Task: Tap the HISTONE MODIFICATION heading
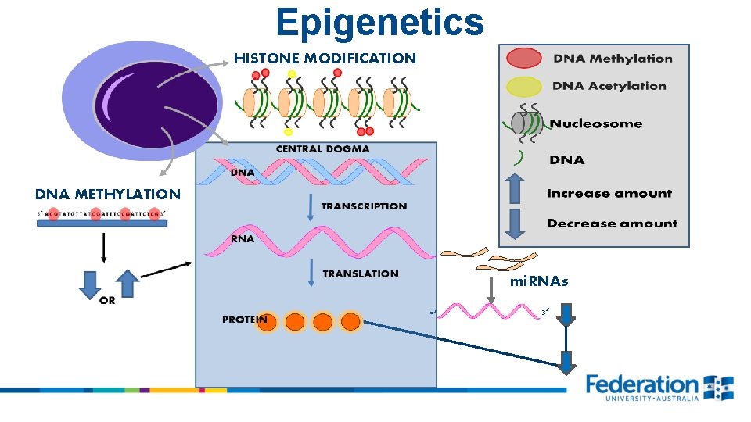pyautogui.click(x=325, y=58)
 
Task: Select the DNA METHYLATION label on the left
pyautogui.click(x=107, y=194)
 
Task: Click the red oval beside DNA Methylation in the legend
pyautogui.click(x=523, y=59)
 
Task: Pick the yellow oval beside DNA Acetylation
pyautogui.click(x=523, y=86)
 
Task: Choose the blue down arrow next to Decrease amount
pyautogui.click(x=514, y=223)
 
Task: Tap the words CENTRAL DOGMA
pyautogui.click(x=322, y=148)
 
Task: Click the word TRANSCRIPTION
pyautogui.click(x=364, y=206)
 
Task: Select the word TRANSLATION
pyautogui.click(x=361, y=274)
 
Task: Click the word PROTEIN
pyautogui.click(x=244, y=320)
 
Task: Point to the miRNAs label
pyautogui.click(x=539, y=281)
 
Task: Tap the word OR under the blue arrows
pyautogui.click(x=107, y=302)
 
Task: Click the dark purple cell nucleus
pyautogui.click(x=156, y=102)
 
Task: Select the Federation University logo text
pyautogui.click(x=641, y=385)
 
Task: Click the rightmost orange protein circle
pyautogui.click(x=350, y=321)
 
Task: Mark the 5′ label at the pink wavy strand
pyautogui.click(x=432, y=314)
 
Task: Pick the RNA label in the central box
pyautogui.click(x=243, y=238)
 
